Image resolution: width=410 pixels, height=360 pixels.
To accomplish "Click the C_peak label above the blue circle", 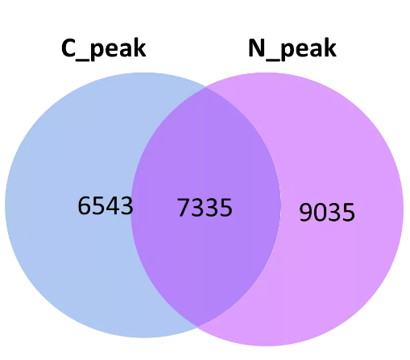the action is pyautogui.click(x=104, y=49).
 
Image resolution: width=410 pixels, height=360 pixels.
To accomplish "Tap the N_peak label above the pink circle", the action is pyautogui.click(x=292, y=49).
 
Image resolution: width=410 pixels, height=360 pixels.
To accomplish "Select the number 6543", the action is pyautogui.click(x=106, y=205).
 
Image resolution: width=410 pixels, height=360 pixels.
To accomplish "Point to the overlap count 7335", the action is pyautogui.click(x=205, y=207).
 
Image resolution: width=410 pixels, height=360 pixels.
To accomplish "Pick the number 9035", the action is pyautogui.click(x=327, y=212).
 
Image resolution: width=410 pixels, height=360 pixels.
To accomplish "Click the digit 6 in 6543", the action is pyautogui.click(x=85, y=205).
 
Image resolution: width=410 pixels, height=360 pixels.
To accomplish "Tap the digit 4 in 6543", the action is pyautogui.click(x=113, y=205).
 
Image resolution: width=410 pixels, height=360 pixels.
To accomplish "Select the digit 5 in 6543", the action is pyautogui.click(x=98, y=205).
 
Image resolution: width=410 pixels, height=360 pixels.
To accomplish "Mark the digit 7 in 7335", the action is pyautogui.click(x=184, y=207).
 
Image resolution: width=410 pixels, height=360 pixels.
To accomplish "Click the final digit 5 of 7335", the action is pyautogui.click(x=226, y=208).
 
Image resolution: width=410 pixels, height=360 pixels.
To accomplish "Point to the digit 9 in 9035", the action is pyautogui.click(x=306, y=212).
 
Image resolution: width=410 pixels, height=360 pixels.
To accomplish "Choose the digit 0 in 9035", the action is pyautogui.click(x=320, y=212).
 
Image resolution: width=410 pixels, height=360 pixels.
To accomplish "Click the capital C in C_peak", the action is pyautogui.click(x=68, y=48).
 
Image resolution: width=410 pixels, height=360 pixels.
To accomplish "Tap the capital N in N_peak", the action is pyautogui.click(x=257, y=48).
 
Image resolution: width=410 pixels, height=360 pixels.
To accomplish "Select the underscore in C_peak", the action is pyautogui.click(x=82, y=60).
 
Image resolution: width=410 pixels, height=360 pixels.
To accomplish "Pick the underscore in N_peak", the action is pyautogui.click(x=273, y=60).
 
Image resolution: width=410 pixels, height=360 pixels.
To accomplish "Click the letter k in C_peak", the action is pyautogui.click(x=139, y=48).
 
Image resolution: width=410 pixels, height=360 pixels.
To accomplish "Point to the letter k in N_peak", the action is pyautogui.click(x=329, y=48).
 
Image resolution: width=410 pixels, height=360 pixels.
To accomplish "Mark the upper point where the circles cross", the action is pyautogui.click(x=206, y=87).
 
